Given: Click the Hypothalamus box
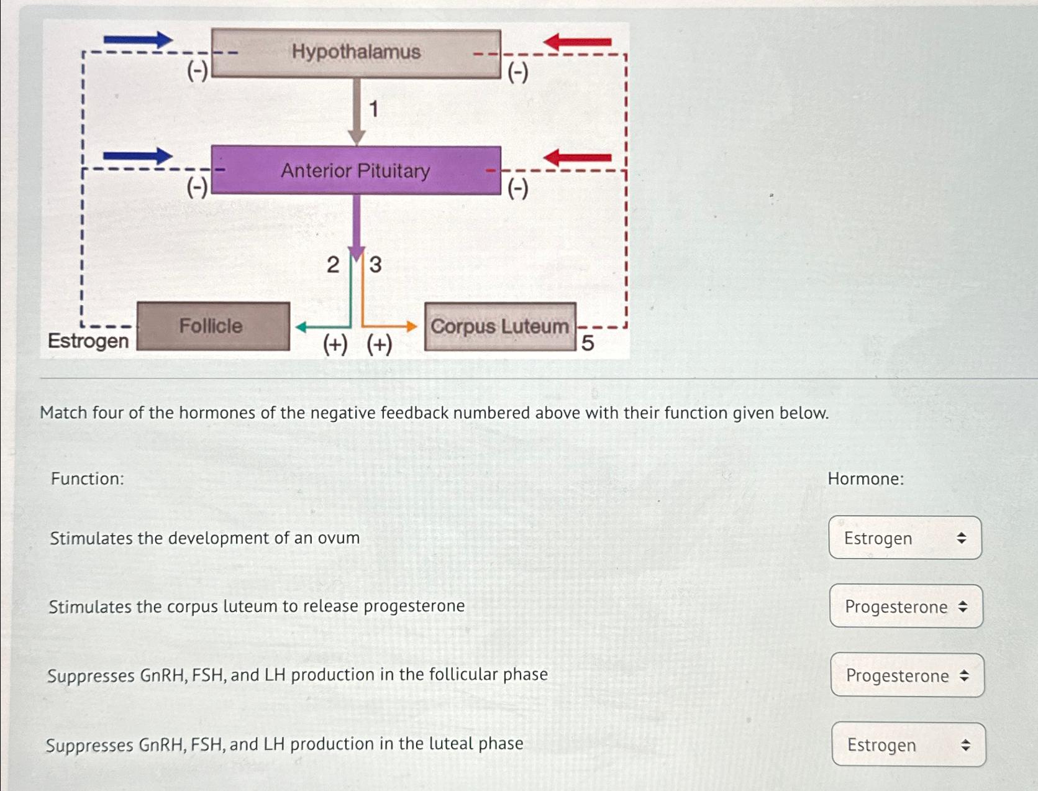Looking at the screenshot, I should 356,53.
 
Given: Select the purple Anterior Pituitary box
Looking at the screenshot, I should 356,170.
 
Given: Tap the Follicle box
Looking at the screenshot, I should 212,326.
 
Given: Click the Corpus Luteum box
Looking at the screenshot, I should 500,327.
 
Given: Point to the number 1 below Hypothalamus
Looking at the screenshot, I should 373,109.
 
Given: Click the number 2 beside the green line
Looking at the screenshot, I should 333,265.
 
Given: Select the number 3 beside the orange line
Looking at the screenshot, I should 375,265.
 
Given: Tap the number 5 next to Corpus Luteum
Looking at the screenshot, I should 588,343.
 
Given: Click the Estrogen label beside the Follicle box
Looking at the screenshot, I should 88,341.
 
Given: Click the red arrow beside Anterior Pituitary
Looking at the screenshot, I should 578,158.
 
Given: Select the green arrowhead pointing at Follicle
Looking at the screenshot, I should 301,327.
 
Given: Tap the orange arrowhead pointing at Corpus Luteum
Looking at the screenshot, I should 411,326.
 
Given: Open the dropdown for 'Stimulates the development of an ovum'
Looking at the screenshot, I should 905,538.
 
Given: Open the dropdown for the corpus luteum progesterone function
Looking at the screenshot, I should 906,606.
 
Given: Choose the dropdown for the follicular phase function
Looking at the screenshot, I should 907,675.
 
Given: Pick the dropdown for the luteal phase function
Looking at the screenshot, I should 908,744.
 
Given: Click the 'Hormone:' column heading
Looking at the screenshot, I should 866,479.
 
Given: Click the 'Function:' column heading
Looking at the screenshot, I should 88,479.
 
